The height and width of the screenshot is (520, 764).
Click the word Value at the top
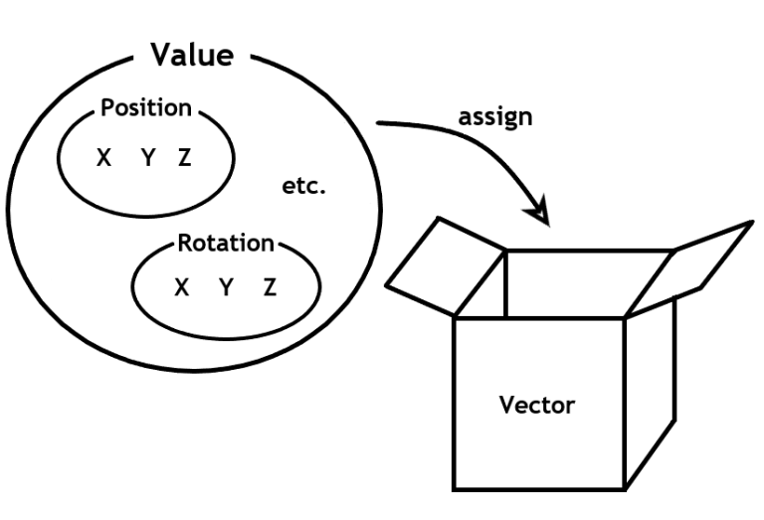tap(192, 55)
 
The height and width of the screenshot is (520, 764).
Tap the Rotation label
tap(225, 243)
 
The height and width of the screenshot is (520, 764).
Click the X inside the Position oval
tap(103, 158)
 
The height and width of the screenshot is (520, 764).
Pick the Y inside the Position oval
tap(147, 158)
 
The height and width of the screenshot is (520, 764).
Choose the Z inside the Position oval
tap(184, 158)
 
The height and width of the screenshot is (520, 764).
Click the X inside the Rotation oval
tap(181, 287)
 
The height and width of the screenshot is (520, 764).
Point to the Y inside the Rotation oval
tap(226, 287)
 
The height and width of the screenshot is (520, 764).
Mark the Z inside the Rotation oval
tap(270, 287)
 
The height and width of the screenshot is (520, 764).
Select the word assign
tap(494, 116)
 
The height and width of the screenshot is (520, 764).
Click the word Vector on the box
tap(537, 406)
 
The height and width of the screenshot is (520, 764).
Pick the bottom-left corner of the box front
tap(456, 489)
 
